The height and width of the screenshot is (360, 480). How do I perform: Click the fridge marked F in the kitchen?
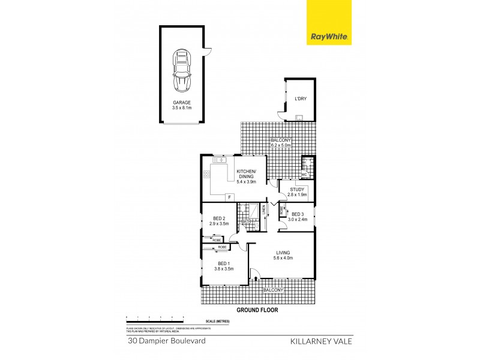[228, 197]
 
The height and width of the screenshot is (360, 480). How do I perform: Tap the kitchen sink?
[218, 160]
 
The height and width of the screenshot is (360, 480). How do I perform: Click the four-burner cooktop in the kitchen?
[207, 175]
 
